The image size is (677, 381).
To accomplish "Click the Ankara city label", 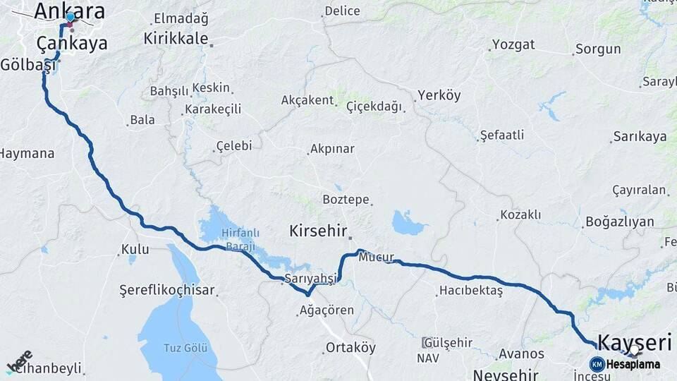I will tap(69, 10).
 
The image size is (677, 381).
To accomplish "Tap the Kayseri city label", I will tap(634, 343).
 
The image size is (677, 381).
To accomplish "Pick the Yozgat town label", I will tap(513, 44).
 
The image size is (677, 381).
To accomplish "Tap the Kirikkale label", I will tap(176, 38).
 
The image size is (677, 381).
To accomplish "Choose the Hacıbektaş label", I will tap(470, 290).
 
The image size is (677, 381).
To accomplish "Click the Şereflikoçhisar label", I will tap(167, 290).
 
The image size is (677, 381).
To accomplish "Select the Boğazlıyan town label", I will tap(620, 222).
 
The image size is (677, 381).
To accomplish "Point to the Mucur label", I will tap(375, 258).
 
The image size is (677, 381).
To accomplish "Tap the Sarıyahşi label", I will tap(310, 279).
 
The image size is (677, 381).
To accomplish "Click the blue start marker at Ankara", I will tap(70, 17).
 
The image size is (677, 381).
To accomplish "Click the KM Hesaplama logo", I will tap(625, 364).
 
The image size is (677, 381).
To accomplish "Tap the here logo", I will tap(20, 361).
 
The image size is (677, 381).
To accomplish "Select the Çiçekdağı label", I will tap(373, 107).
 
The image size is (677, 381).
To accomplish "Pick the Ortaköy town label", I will tap(350, 347).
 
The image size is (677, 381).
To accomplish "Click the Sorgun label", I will tap(598, 49).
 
